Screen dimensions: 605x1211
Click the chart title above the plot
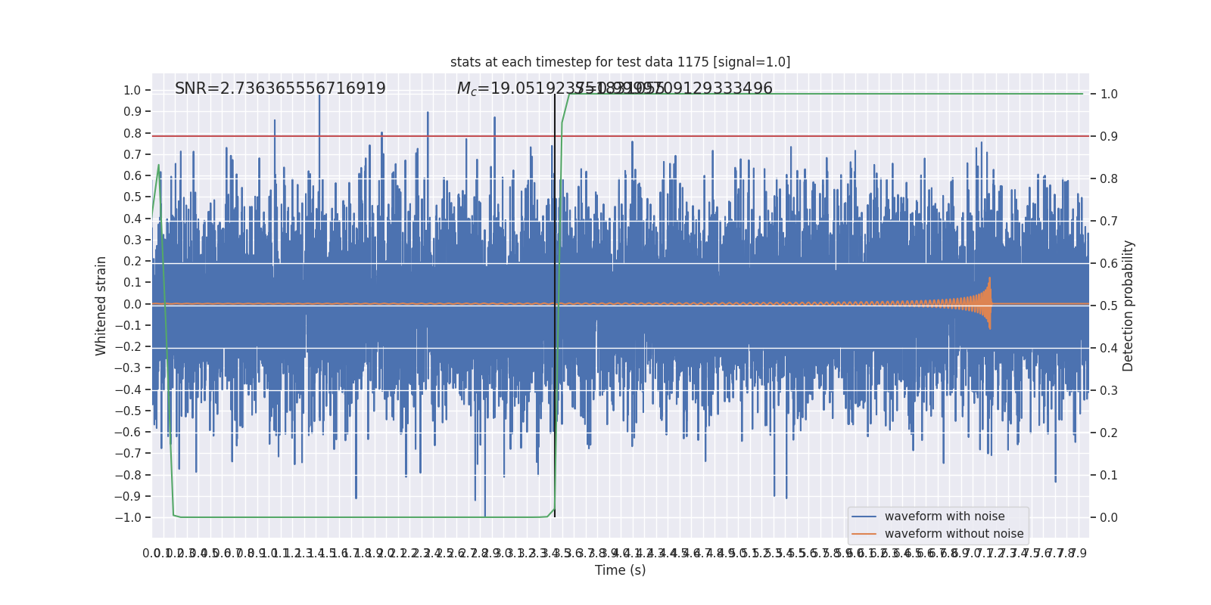(x=620, y=62)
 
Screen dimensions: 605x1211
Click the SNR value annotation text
(x=280, y=88)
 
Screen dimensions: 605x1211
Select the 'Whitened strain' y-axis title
(x=101, y=306)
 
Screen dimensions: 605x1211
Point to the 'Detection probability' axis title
(x=1129, y=306)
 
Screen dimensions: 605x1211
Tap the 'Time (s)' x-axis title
(x=620, y=570)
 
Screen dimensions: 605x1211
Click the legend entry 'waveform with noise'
(x=944, y=517)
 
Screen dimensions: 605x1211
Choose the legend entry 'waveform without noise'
(x=953, y=534)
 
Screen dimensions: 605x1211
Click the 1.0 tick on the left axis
(x=132, y=90)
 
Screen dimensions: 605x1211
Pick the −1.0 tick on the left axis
(x=128, y=517)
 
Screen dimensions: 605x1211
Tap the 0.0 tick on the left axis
(x=132, y=304)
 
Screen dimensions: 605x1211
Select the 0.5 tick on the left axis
(x=132, y=197)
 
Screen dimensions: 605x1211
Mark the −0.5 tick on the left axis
(x=128, y=411)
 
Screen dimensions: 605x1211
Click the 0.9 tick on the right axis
(x=1109, y=136)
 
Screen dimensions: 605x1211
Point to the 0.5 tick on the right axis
(x=1109, y=306)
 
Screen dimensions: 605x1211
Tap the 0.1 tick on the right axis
(x=1109, y=475)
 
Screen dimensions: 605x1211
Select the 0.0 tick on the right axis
(x=1109, y=517)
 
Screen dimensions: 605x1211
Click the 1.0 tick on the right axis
(x=1109, y=94)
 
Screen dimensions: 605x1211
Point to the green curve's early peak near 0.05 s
(x=158, y=165)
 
